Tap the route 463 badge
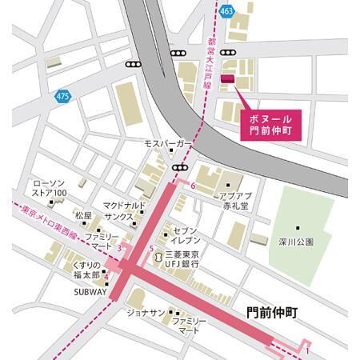click(227, 11)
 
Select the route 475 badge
click(63, 96)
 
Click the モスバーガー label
click(165, 143)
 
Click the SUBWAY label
click(90, 292)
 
